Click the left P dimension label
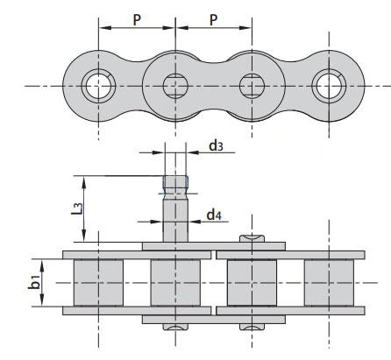click(137, 20)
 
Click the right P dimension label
click(214, 20)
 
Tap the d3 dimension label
click(216, 145)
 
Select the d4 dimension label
click(214, 215)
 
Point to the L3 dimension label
click(77, 208)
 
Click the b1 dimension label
click(35, 282)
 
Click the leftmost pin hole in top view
click(98, 86)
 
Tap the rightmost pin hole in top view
click(329, 86)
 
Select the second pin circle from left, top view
click(175, 86)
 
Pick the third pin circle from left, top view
click(252, 86)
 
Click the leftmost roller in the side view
click(98, 283)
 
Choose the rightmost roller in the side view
click(329, 283)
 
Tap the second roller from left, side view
click(175, 283)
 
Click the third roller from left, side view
click(252, 283)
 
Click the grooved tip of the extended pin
click(175, 185)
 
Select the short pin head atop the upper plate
click(252, 238)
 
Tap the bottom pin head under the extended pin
click(175, 327)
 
